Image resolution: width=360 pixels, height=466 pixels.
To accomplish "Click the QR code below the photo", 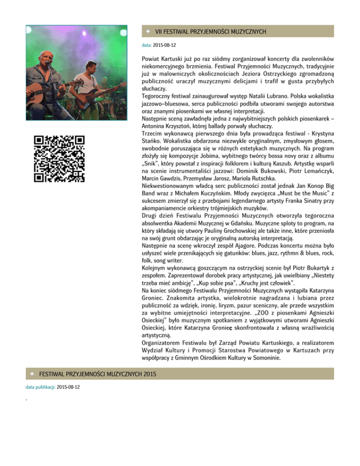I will click(x=60, y=158).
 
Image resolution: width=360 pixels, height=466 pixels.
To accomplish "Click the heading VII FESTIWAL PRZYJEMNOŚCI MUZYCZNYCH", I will click(x=210, y=31).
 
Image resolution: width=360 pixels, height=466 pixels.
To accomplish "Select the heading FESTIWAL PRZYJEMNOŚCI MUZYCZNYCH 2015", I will click(x=97, y=374).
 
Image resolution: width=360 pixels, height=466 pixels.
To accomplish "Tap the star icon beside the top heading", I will click(x=147, y=31).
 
